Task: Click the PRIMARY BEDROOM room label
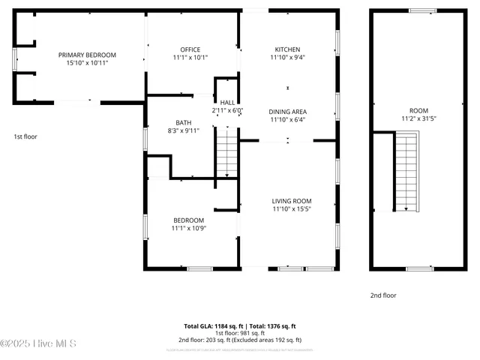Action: tap(88, 55)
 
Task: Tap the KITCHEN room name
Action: tap(287, 49)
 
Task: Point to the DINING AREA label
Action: tap(287, 111)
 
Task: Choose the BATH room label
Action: tap(184, 122)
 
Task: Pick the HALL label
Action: tap(227, 102)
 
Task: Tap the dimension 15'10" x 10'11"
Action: tap(88, 63)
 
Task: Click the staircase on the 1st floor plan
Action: tap(226, 153)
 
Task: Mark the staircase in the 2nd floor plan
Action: tap(406, 171)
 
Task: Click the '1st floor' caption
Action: tap(25, 136)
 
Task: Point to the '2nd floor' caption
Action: tap(383, 295)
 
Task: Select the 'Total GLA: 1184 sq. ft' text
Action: tap(214, 326)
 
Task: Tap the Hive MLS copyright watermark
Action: tap(39, 344)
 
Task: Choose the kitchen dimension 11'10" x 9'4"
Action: tap(287, 57)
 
